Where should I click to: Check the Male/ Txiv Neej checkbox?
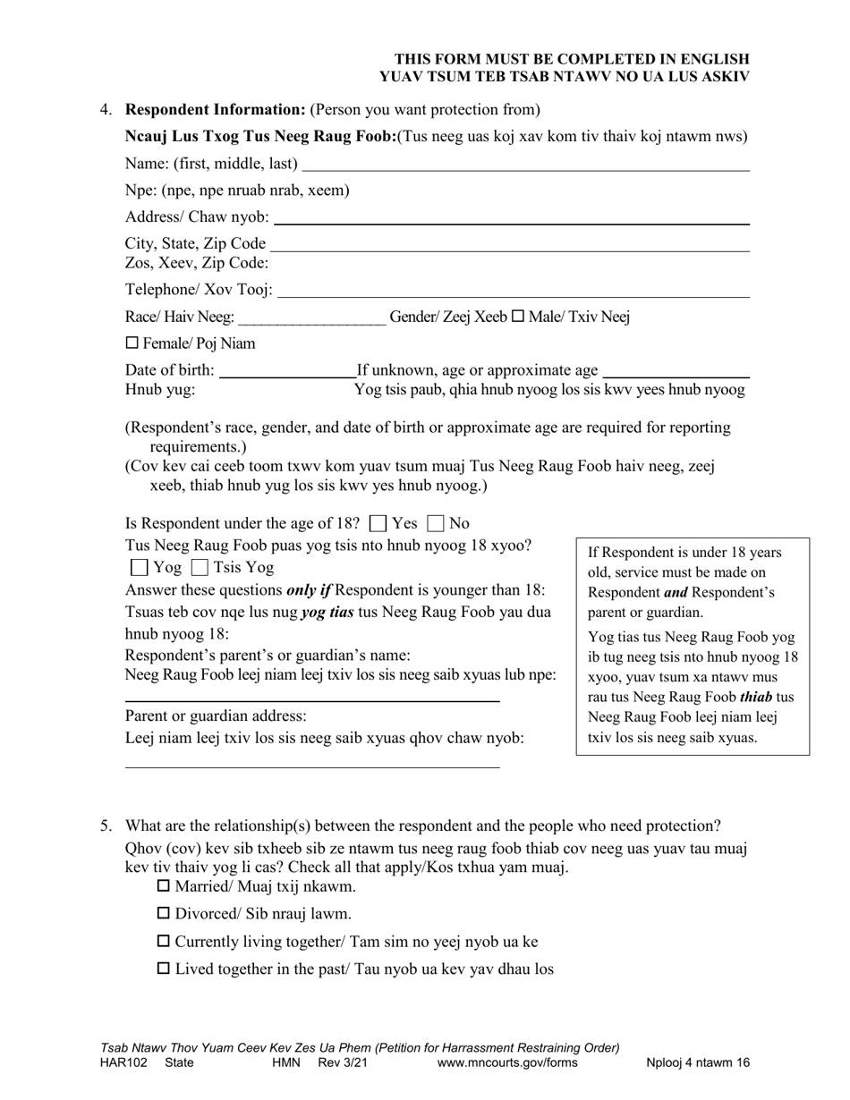click(x=517, y=317)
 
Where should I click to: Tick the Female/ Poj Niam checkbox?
click(x=132, y=343)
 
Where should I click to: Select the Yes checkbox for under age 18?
click(x=378, y=523)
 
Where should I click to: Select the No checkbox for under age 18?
click(x=437, y=523)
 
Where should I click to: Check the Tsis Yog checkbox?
click(x=200, y=567)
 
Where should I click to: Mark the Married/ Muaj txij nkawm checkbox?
click(x=164, y=886)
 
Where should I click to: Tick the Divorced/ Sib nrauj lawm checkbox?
click(x=164, y=913)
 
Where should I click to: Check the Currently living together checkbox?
click(x=164, y=941)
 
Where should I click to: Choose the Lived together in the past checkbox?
click(x=164, y=969)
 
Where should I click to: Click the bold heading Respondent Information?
click(x=216, y=110)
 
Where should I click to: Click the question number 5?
click(x=106, y=825)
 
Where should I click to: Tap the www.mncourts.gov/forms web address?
click(x=507, y=1062)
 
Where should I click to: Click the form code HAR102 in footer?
click(x=115, y=1062)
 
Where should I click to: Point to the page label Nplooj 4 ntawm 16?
click(x=698, y=1062)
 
